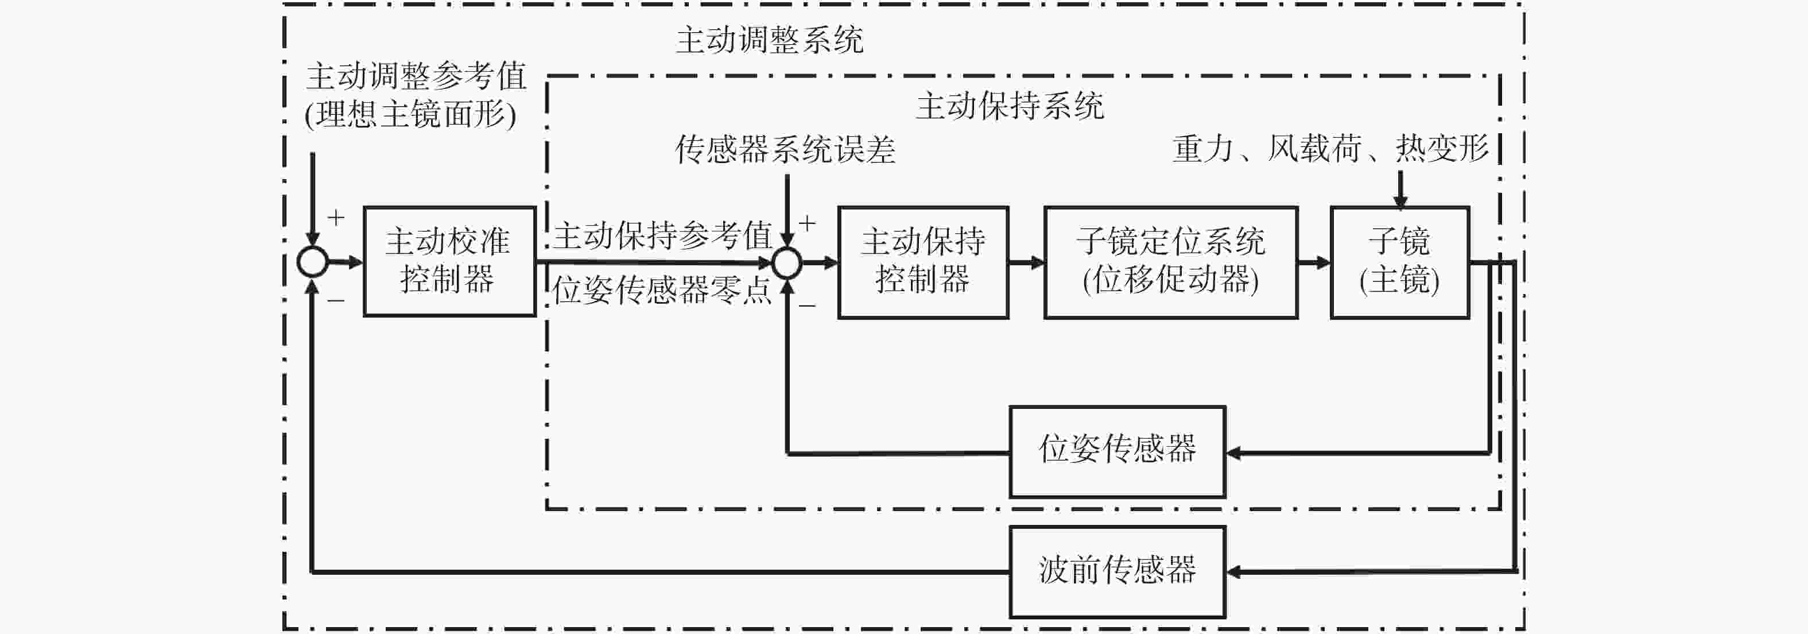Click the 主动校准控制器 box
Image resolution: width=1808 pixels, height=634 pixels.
pyautogui.click(x=449, y=261)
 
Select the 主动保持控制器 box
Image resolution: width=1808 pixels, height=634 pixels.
pyautogui.click(x=923, y=262)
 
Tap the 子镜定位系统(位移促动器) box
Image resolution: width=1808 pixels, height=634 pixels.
pyautogui.click(x=1171, y=262)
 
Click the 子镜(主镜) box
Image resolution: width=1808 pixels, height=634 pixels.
pyautogui.click(x=1399, y=262)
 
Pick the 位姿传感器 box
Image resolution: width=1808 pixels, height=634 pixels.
pyautogui.click(x=1118, y=451)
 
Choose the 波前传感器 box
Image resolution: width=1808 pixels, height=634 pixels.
pyautogui.click(x=1118, y=572)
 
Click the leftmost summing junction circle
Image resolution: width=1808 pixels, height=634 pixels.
pyautogui.click(x=312, y=262)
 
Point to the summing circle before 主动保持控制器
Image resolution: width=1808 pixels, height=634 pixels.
pyautogui.click(x=787, y=263)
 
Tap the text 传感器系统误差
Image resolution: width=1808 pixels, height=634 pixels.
pyautogui.click(x=785, y=149)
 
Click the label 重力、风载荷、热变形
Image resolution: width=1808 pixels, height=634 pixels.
pyautogui.click(x=1330, y=148)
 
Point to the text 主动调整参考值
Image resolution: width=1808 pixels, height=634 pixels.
pyautogui.click(x=416, y=76)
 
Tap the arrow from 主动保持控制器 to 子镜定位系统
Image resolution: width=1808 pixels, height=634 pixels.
pyautogui.click(x=1027, y=262)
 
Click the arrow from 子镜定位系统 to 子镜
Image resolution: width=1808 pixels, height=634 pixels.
pyautogui.click(x=1314, y=262)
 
